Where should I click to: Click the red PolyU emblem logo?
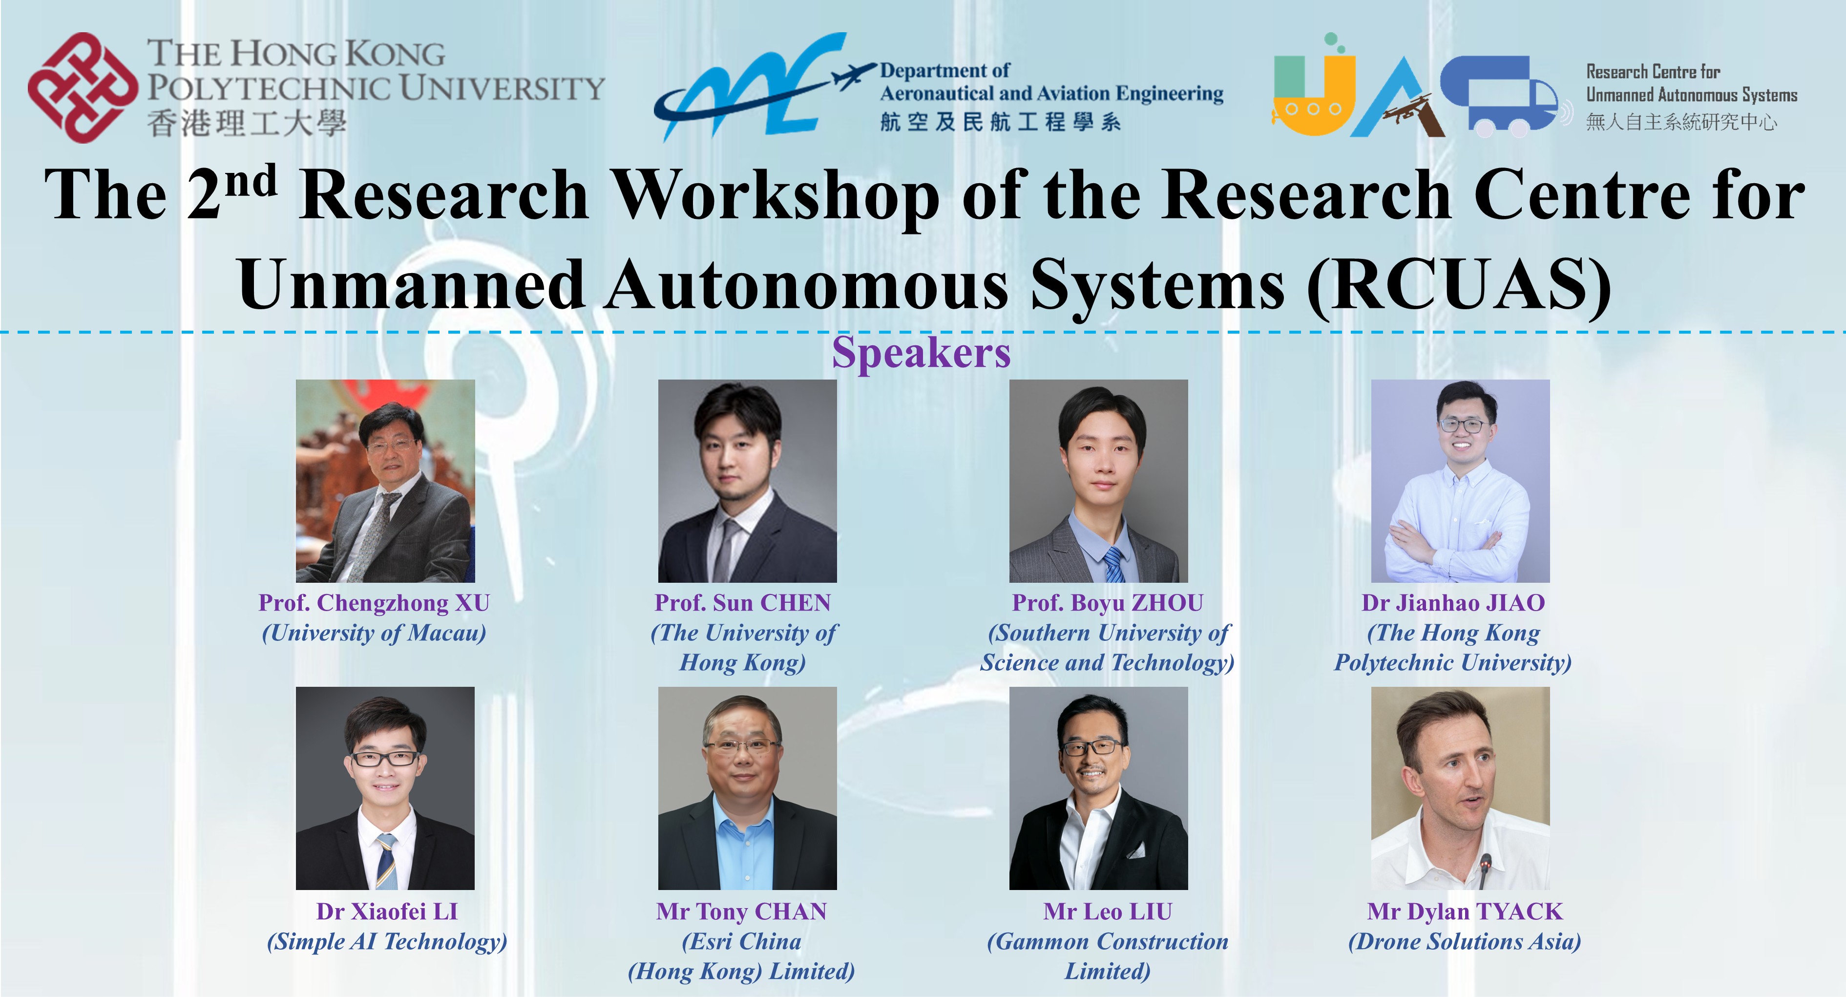tap(83, 87)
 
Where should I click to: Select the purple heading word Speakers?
tap(921, 353)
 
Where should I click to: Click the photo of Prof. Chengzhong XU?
tap(385, 480)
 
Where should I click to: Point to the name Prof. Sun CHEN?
tap(742, 603)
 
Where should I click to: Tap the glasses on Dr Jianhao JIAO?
tap(1461, 425)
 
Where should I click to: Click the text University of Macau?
tap(374, 633)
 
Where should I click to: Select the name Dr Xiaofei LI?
tap(386, 912)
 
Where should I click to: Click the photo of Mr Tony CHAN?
tap(747, 788)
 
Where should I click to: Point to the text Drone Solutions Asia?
tap(1464, 942)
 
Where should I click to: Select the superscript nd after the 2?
tap(250, 181)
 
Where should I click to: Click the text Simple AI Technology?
tap(386, 942)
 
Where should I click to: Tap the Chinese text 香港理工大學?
tap(247, 123)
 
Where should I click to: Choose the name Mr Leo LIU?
tap(1107, 912)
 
